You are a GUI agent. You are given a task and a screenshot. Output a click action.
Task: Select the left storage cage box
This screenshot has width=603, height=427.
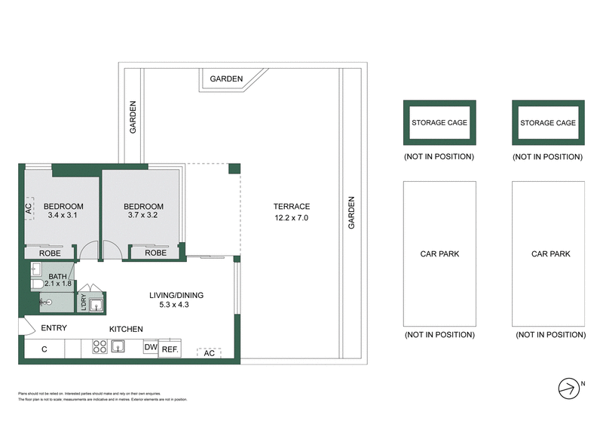pyautogui.click(x=439, y=122)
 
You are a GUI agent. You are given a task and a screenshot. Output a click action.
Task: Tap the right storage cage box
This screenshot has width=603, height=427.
pyautogui.click(x=548, y=122)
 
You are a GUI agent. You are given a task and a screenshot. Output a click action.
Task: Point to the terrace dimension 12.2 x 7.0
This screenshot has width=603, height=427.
pyautogui.click(x=292, y=218)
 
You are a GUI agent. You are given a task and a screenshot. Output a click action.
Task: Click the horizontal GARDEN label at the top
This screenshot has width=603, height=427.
pyautogui.click(x=226, y=78)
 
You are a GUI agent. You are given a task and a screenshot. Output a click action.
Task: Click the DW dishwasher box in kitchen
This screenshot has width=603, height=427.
pyautogui.click(x=149, y=347)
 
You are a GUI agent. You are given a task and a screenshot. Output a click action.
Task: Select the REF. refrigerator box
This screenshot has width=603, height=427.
pyautogui.click(x=169, y=349)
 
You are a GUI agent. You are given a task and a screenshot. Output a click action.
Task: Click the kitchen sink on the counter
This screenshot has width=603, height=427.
pyautogui.click(x=118, y=347)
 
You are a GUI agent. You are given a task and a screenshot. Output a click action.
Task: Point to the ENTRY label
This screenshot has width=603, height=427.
pyautogui.click(x=54, y=328)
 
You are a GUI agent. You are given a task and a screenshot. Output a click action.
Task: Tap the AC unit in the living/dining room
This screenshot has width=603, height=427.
pyautogui.click(x=209, y=352)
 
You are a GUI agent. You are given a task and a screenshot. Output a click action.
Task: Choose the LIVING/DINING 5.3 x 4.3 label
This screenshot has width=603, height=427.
pyautogui.click(x=176, y=300)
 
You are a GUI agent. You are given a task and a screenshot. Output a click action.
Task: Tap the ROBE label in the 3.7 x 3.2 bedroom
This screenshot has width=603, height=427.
pyautogui.click(x=155, y=253)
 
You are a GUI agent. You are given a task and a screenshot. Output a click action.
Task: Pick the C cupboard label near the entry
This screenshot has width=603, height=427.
pyautogui.click(x=44, y=349)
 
